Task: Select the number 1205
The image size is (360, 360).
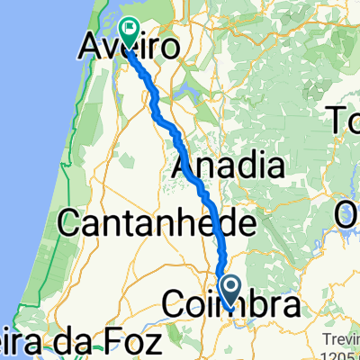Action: tap(343, 352)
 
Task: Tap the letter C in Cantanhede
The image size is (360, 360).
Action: tap(70, 221)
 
